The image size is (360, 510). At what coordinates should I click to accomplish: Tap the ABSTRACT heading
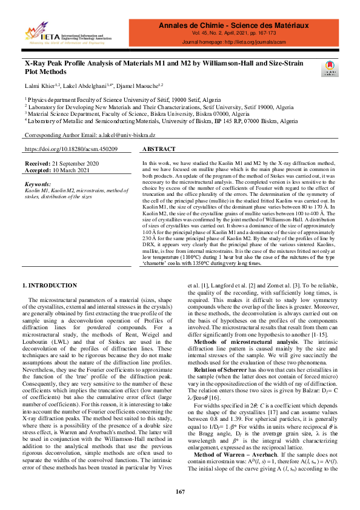tap(159, 149)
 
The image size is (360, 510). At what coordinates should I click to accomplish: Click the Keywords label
tap(38, 184)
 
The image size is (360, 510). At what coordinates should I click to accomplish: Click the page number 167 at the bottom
tap(180, 491)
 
